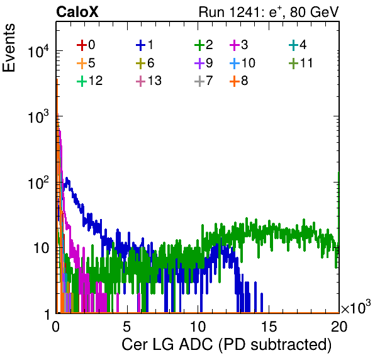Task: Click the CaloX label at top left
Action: [x=77, y=12]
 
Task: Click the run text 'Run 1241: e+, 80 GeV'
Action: [x=269, y=12]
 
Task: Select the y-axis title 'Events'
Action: [x=9, y=48]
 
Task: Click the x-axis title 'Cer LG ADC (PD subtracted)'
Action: [x=227, y=345]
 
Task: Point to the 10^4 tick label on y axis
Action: [x=38, y=51]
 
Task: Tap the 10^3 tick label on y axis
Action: [x=38, y=116]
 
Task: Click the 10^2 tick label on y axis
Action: [x=38, y=183]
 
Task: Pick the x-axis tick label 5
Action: [x=126, y=327]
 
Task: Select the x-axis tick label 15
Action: [x=269, y=327]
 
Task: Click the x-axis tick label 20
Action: [x=339, y=327]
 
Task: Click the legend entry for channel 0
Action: [x=86, y=45]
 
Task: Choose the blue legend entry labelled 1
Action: [x=145, y=45]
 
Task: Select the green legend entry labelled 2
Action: [x=203, y=45]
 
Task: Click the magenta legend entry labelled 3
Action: [x=238, y=45]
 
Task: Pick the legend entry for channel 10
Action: [x=242, y=63]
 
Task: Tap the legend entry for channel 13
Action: [x=148, y=81]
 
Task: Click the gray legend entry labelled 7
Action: [x=203, y=81]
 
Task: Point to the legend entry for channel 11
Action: [x=301, y=63]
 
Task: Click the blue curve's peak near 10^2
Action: [x=67, y=178]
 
